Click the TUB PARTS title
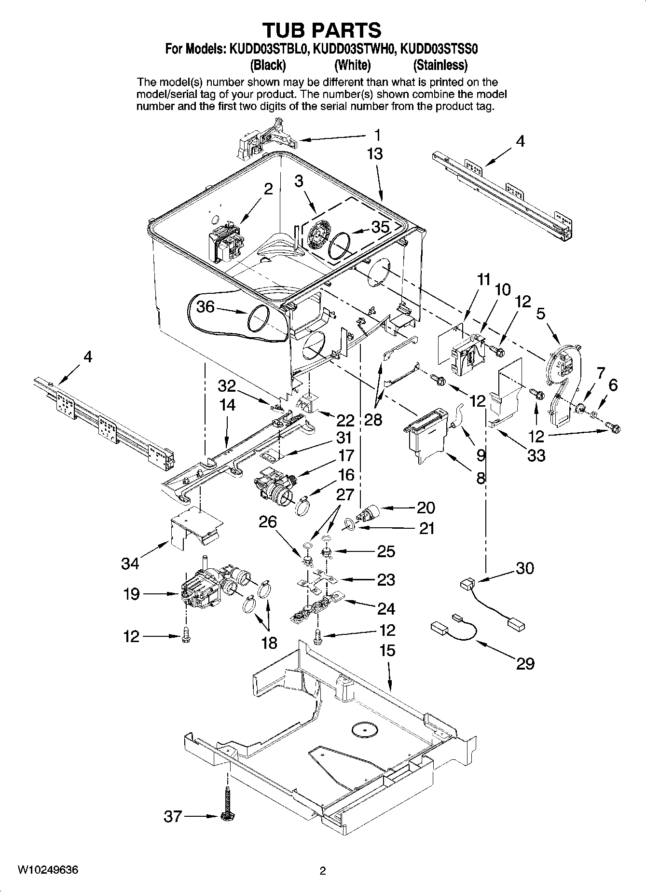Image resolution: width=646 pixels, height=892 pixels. click(x=322, y=30)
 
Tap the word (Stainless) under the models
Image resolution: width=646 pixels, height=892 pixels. click(x=440, y=65)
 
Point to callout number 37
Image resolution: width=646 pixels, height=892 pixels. click(x=173, y=816)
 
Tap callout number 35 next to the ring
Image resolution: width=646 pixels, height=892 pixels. click(x=380, y=227)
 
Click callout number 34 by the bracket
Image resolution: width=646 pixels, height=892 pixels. click(x=130, y=563)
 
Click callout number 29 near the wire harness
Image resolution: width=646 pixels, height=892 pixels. click(x=525, y=663)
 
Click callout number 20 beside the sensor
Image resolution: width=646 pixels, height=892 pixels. click(x=426, y=508)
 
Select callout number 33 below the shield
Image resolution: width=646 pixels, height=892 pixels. click(x=536, y=455)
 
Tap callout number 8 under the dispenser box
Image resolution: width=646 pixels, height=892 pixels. click(x=481, y=478)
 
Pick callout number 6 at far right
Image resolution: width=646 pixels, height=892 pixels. click(x=613, y=384)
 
